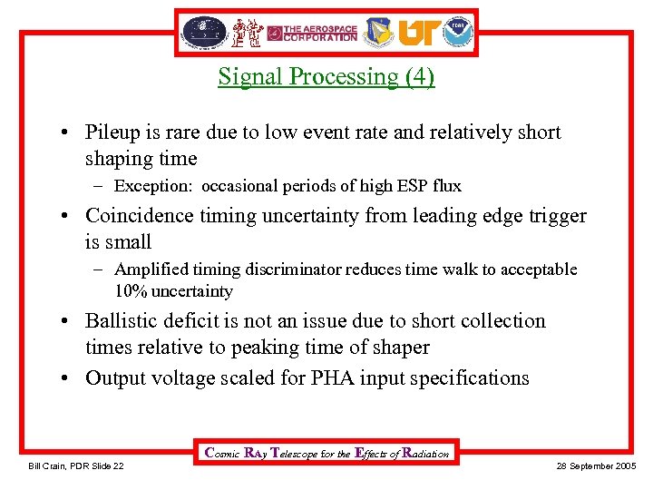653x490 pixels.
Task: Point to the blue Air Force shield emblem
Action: tap(378, 33)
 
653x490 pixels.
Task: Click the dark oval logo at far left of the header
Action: tap(204, 32)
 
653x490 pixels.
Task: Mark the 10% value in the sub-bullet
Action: tap(130, 291)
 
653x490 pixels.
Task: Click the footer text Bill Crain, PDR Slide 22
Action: tap(77, 465)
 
